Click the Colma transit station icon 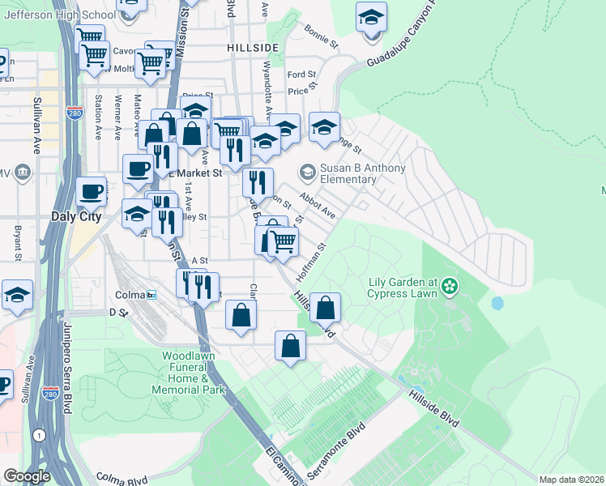point(151,295)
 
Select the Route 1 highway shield point(38,436)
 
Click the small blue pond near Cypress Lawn point(497,304)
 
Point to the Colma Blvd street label point(125,478)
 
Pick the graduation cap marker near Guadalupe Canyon point(371,17)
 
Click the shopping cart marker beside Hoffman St point(283,241)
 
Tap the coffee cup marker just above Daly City point(91,192)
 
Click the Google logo point(26,476)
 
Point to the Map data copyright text point(571,480)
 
